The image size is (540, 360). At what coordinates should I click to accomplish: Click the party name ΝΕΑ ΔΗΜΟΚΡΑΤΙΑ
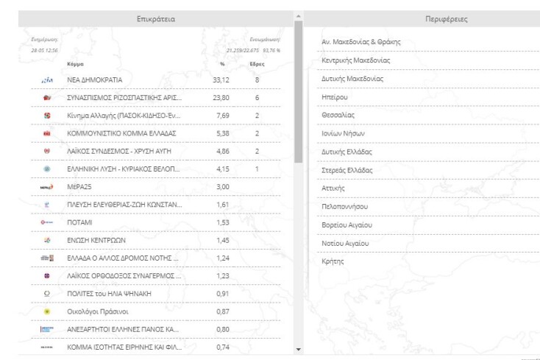95,80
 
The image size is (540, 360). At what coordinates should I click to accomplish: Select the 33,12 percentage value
222,80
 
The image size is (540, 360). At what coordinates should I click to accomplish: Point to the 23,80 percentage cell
222,97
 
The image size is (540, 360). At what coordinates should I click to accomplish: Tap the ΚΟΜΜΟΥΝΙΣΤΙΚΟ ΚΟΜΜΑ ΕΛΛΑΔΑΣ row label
121,133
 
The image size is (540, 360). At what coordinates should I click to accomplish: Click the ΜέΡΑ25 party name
82,187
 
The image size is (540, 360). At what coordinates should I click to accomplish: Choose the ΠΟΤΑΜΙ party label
82,222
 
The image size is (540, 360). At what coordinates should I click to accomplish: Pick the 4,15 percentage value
222,169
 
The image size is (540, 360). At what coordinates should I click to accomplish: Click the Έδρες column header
257,64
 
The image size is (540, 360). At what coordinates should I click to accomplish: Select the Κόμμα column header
75,64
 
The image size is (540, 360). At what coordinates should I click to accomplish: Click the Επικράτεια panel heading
156,18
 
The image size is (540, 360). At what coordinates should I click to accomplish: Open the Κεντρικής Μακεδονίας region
355,60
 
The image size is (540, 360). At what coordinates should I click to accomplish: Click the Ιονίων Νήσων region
344,133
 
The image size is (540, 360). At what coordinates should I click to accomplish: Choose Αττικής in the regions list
334,188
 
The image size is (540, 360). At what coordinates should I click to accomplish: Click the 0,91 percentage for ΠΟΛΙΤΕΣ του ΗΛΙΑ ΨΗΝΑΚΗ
222,294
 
